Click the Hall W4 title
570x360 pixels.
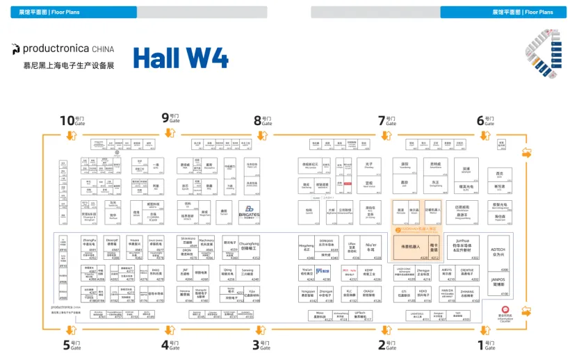(x=181, y=58)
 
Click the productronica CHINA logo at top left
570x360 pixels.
(x=63, y=49)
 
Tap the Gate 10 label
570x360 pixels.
(x=70, y=120)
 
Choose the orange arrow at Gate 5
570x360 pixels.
(x=70, y=333)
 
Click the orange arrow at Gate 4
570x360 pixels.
(x=168, y=333)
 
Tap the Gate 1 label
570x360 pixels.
(x=489, y=344)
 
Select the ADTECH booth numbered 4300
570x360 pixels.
(x=498, y=253)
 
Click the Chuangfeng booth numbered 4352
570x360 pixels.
(x=250, y=247)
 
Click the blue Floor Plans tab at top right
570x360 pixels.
(x=504, y=12)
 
